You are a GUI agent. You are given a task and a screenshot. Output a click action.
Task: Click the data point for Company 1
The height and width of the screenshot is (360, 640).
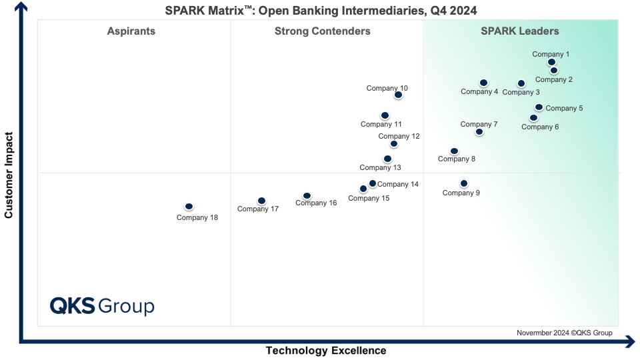[x=551, y=62]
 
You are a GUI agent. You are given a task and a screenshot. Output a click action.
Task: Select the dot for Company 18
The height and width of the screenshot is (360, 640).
[x=189, y=207]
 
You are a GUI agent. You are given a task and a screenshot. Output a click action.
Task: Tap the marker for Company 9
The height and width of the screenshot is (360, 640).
[x=463, y=183]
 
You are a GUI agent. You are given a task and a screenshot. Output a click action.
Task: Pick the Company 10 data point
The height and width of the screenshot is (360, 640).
[x=398, y=95]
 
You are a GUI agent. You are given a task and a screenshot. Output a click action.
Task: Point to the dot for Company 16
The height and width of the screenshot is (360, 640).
[x=307, y=196]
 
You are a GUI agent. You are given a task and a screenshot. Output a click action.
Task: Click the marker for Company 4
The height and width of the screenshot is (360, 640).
[x=483, y=83]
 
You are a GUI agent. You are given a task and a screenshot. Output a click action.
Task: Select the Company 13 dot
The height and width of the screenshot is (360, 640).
[x=387, y=159]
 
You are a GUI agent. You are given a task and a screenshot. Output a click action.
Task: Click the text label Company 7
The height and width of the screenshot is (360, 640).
[x=479, y=124]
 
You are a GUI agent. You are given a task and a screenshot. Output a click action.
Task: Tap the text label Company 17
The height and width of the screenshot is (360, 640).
[x=258, y=209]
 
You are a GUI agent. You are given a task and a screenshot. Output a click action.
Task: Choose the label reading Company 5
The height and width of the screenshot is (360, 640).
[x=564, y=108]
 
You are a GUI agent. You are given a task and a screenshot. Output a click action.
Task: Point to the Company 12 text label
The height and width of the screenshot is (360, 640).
[x=399, y=136]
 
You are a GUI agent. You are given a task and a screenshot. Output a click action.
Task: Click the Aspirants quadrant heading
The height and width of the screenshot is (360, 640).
[x=131, y=31]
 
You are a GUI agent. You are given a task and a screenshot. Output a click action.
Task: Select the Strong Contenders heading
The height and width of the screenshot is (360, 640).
[x=322, y=31]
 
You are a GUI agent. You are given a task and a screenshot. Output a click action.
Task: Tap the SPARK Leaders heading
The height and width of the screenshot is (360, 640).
[x=520, y=31]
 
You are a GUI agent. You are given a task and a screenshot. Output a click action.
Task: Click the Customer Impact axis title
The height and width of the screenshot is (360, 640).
[x=9, y=175]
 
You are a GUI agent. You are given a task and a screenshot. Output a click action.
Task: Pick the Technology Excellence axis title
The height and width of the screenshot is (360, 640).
[x=326, y=351]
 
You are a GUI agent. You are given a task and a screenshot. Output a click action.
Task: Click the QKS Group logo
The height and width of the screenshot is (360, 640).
[x=102, y=306]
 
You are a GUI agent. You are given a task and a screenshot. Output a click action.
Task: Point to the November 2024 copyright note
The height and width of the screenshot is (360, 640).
[x=564, y=333]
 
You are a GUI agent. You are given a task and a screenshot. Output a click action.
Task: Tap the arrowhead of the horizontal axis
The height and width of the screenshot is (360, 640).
[x=631, y=343]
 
